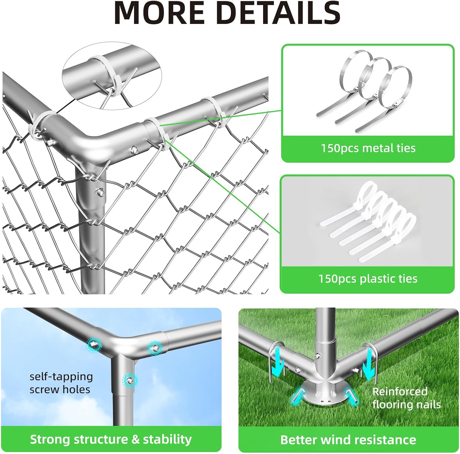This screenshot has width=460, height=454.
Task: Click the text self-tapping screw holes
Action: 61,383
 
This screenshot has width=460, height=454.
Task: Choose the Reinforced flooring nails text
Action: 406,398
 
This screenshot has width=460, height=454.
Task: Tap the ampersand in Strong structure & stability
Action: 135,440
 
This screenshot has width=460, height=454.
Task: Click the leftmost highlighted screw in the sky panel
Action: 94,344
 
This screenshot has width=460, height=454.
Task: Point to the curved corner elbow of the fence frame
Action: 89,143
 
